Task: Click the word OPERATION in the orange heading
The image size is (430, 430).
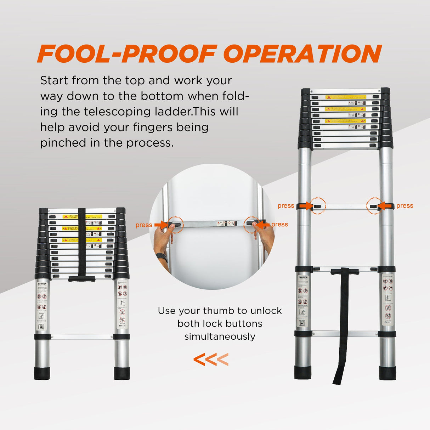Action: (302, 54)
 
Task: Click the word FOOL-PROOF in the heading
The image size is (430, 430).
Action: (126, 54)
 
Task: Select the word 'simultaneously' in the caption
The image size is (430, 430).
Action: (220, 336)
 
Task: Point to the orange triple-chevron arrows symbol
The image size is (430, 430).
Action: (211, 360)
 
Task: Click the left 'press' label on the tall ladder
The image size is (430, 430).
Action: (286, 206)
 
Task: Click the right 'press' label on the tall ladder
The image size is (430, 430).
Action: (405, 206)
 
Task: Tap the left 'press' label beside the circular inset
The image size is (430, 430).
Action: (144, 225)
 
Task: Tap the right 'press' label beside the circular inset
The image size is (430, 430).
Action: (280, 224)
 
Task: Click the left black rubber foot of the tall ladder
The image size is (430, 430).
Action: (303, 373)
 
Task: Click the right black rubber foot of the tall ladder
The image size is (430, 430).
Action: (387, 373)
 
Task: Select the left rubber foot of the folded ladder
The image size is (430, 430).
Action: (42, 373)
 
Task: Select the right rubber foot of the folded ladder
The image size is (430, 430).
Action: (122, 373)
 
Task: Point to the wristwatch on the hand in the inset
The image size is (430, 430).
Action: (162, 257)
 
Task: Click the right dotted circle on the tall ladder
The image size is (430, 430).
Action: (374, 206)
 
